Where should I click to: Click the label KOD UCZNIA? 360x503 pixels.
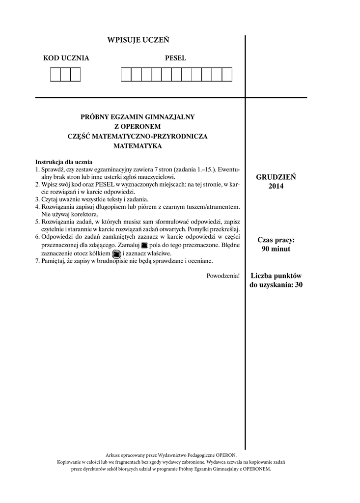click(x=66, y=58)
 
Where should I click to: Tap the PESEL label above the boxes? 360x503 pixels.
click(x=175, y=58)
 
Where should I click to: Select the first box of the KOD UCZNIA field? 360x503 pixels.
click(x=55, y=75)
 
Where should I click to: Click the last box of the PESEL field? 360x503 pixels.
click(x=226, y=75)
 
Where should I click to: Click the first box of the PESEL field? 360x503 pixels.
click(x=126, y=75)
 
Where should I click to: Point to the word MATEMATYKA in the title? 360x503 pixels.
click(x=138, y=146)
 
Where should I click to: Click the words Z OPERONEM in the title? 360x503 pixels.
click(x=138, y=126)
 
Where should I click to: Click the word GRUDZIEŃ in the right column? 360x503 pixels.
click(x=276, y=177)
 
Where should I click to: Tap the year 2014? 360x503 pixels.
click(x=276, y=186)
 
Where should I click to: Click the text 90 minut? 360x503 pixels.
click(x=276, y=249)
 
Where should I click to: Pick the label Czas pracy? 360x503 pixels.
click(x=276, y=240)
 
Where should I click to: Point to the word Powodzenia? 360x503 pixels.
click(x=223, y=276)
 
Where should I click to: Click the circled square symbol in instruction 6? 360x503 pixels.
click(x=116, y=254)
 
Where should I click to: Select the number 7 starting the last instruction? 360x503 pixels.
click(x=37, y=261)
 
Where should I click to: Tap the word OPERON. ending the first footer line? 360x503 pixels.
click(x=225, y=455)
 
